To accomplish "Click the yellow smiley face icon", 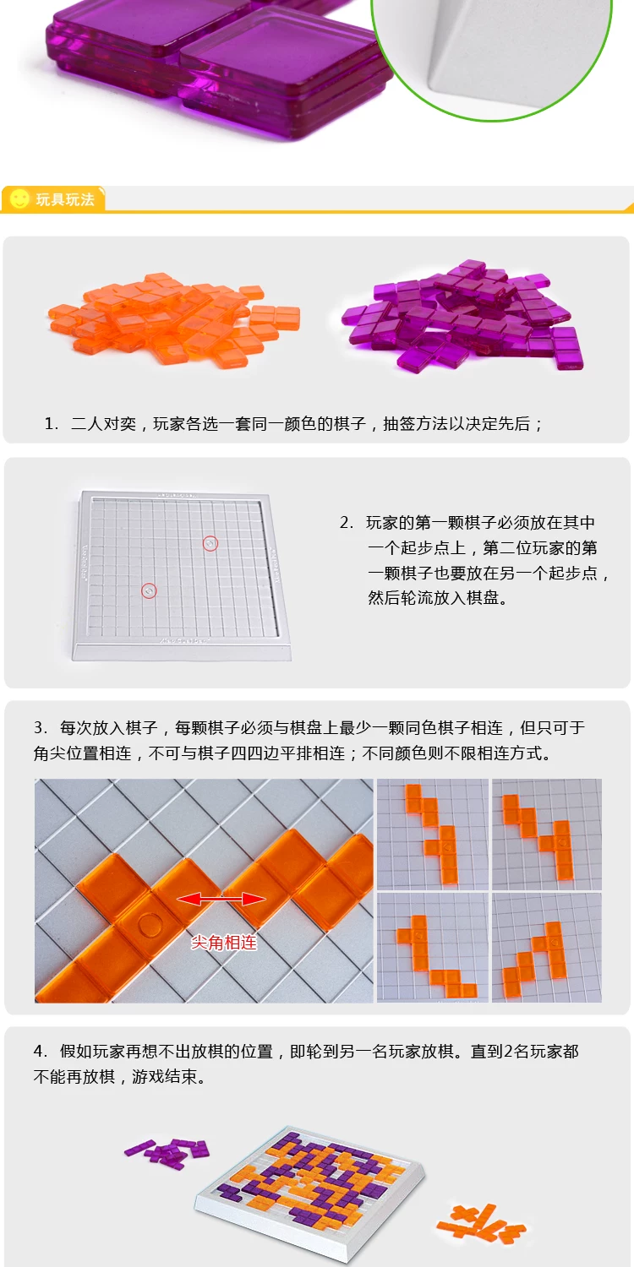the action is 19,198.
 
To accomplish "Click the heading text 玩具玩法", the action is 65,199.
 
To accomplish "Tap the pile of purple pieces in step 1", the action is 462,315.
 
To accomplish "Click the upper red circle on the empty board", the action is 210,544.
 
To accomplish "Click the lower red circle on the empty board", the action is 149,591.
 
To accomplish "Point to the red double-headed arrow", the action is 221,899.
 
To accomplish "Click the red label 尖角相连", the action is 224,942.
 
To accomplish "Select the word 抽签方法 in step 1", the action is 416,424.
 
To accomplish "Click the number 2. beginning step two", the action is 347,522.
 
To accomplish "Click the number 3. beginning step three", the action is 41,727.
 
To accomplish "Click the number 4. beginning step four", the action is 41,1052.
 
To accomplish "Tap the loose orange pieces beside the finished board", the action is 481,1222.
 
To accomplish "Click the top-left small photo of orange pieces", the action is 433,834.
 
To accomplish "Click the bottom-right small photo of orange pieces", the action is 547,948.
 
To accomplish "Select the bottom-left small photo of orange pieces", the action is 433,948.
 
